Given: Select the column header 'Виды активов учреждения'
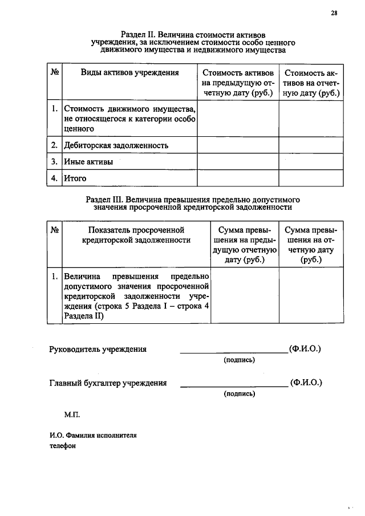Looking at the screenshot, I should click(129, 72).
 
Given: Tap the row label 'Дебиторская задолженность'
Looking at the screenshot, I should click(116, 145).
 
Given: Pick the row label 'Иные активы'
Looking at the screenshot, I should click(88, 162).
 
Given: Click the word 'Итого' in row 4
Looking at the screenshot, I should click(75, 178).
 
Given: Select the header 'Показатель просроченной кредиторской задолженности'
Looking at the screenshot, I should click(137, 235).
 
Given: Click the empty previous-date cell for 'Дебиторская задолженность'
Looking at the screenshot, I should click(237, 145).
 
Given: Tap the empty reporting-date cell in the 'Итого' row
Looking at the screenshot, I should click(311, 178).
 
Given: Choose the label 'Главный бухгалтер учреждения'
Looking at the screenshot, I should click(108, 383).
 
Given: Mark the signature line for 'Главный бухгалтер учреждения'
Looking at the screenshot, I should click(234, 387).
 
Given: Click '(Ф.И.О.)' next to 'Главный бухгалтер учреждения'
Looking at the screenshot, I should click(306, 383).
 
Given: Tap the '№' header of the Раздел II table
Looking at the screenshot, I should click(55, 72).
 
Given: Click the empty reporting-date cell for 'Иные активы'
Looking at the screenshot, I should click(311, 162).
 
